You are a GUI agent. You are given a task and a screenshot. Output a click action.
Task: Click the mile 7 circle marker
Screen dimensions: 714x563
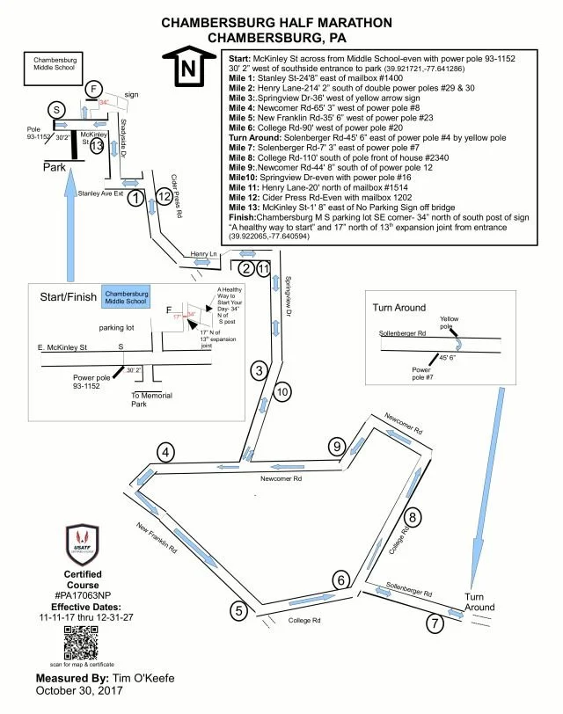pos(433,624)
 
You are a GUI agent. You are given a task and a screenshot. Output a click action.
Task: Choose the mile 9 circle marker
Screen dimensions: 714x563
pos(336,447)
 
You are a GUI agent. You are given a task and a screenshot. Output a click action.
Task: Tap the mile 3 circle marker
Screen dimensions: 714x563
pos(259,370)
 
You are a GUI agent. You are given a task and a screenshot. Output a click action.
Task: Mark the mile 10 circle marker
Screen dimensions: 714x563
pos(281,392)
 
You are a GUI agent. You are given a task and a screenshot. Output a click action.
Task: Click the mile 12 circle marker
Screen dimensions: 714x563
pos(164,196)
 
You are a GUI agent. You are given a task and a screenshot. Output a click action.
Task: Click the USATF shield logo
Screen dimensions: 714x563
pos(83,545)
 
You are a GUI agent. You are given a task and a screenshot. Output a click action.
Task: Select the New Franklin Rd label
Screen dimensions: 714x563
pos(157,538)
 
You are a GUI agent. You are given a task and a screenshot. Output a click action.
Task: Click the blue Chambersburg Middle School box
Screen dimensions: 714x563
pos(126,295)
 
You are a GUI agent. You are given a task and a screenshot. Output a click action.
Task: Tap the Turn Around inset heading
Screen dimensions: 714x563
pos(399,308)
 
